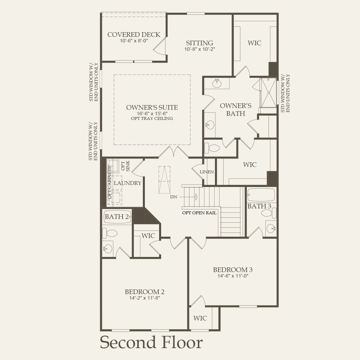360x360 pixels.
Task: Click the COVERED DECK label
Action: (x=134, y=35)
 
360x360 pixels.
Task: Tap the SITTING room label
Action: (x=199, y=43)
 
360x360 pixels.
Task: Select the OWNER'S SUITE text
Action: (x=152, y=107)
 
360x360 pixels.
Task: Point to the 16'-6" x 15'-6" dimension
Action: (x=152, y=114)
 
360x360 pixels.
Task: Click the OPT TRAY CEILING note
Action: (x=152, y=118)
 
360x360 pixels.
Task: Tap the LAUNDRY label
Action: (x=127, y=183)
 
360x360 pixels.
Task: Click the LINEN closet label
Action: (x=207, y=172)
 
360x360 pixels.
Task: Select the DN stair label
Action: (x=174, y=197)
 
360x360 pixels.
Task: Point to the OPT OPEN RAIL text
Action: (x=199, y=213)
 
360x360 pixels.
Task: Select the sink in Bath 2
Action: (x=108, y=248)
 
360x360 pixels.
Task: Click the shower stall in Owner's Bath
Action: (x=268, y=93)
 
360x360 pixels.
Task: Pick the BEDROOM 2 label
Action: (x=145, y=292)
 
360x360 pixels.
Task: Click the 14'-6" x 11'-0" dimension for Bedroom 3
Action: (x=233, y=276)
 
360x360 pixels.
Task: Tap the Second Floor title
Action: (x=151, y=343)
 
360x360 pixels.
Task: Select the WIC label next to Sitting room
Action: (x=254, y=43)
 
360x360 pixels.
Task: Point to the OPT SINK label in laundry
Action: (x=125, y=166)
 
